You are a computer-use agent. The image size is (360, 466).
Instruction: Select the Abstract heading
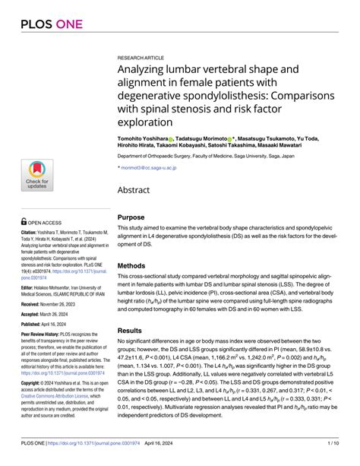pyautogui.click(x=137, y=192)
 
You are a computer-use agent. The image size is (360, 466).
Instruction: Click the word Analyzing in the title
pyautogui.click(x=144, y=70)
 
